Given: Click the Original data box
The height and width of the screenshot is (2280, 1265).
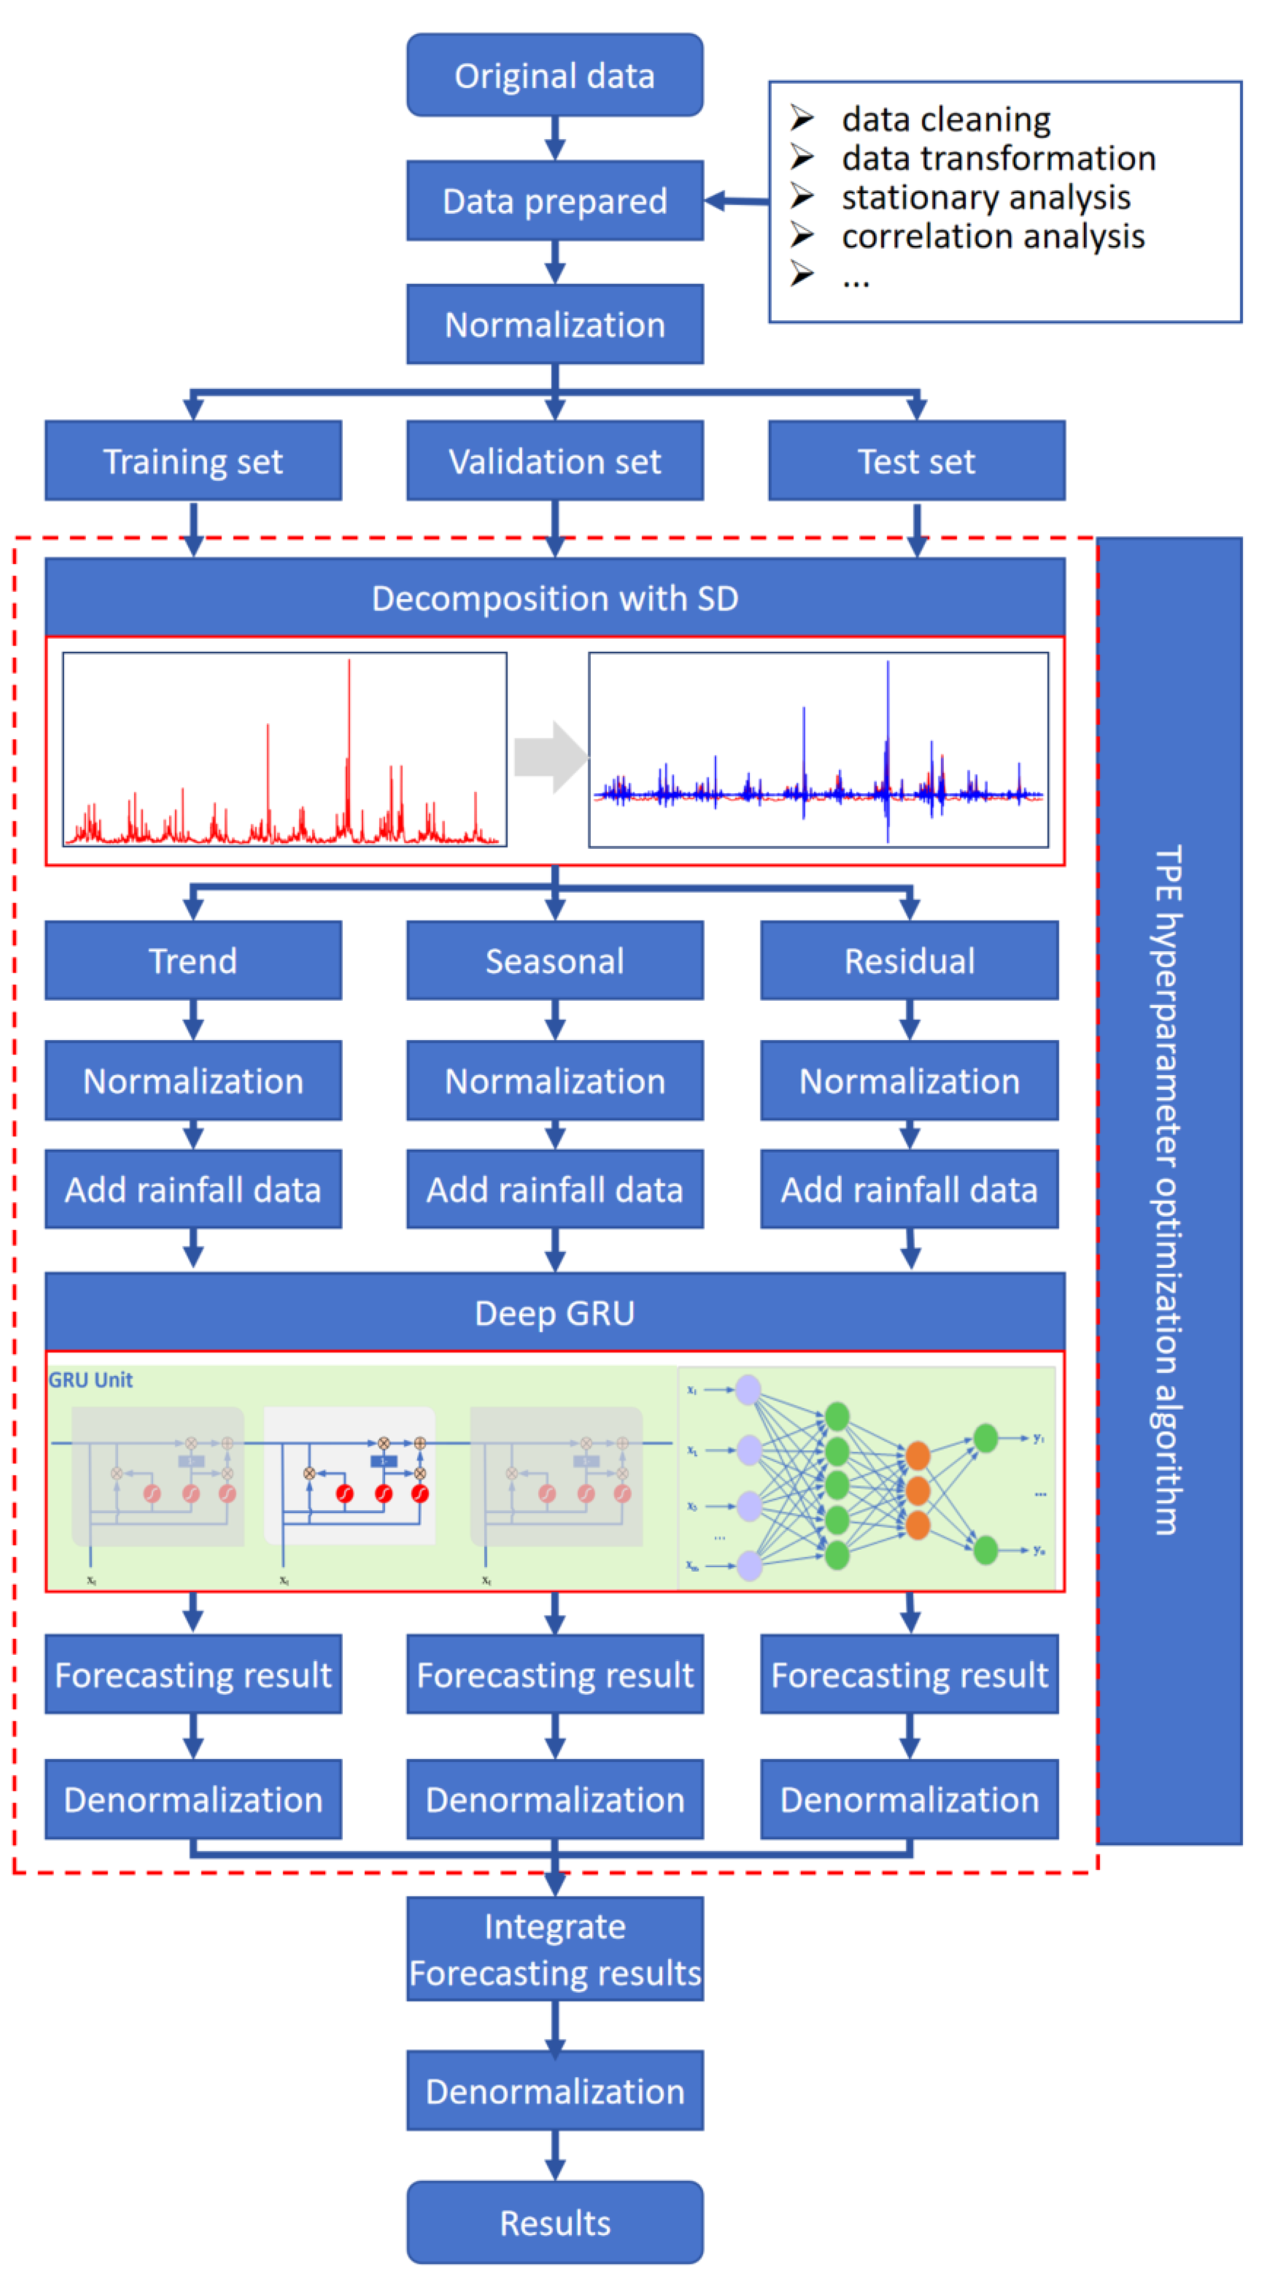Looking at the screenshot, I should click(555, 75).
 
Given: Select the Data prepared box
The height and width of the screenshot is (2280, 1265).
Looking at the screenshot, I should click(555, 201).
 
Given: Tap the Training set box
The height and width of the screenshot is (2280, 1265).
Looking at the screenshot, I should click(193, 461).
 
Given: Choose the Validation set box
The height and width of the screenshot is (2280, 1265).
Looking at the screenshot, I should click(555, 461).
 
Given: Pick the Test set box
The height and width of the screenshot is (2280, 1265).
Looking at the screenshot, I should click(916, 461).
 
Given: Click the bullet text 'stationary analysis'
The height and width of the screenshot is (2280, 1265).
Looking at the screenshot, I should click(985, 197).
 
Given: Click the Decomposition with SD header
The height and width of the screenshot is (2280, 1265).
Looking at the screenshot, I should click(555, 598).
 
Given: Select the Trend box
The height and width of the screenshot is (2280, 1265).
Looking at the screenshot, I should click(193, 961).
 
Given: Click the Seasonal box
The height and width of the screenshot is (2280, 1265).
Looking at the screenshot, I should click(555, 961).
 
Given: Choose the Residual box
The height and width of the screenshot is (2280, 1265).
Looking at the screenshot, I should click(909, 961).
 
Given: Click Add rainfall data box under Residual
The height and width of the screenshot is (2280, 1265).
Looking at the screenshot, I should click(909, 1190).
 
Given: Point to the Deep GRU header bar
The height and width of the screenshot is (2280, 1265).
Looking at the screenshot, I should click(555, 1312).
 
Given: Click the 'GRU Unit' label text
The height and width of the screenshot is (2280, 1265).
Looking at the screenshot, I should click(90, 1380).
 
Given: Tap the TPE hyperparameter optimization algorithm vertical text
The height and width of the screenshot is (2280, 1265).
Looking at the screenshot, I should click(1167, 1190).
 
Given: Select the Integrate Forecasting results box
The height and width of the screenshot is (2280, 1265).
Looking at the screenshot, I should click(555, 1949).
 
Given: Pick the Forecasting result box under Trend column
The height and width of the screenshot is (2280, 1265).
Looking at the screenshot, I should click(193, 1675).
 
